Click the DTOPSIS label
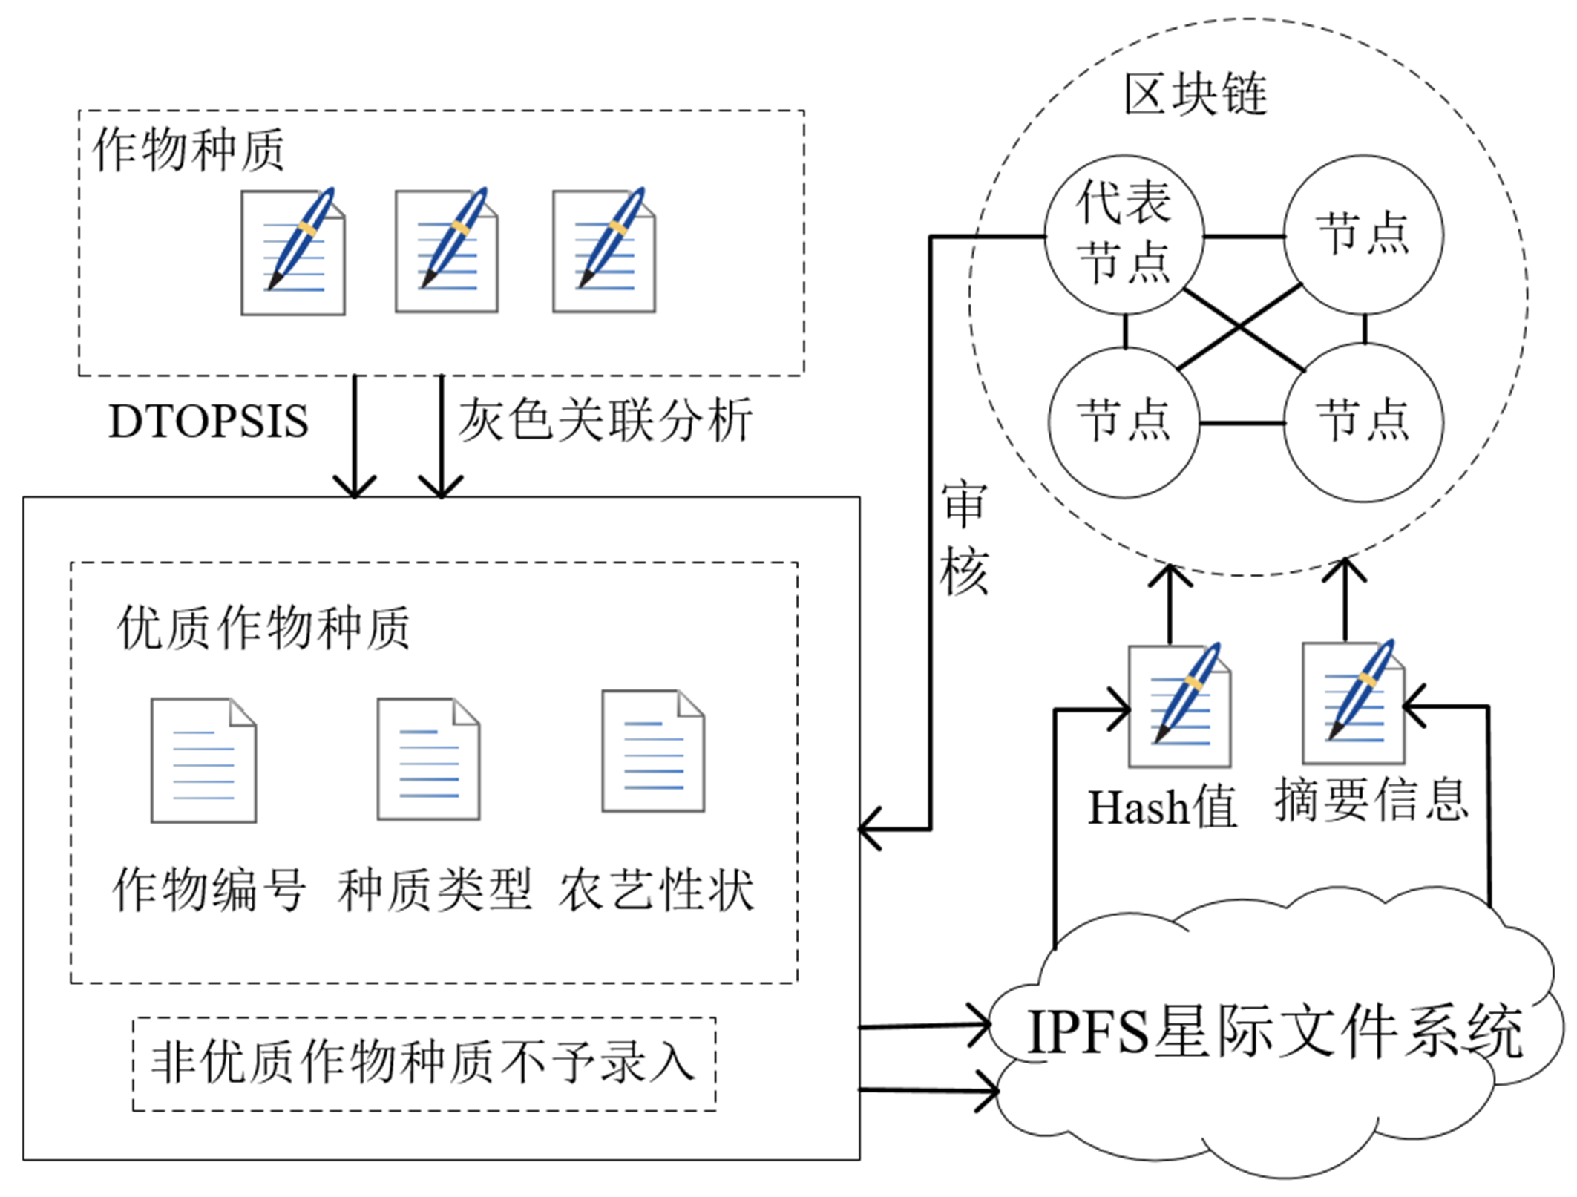(x=209, y=422)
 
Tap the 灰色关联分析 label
(x=605, y=420)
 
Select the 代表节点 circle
(x=1124, y=233)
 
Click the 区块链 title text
(x=1195, y=95)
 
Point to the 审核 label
(x=963, y=538)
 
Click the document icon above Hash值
(x=1179, y=705)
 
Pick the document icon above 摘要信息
(x=1354, y=702)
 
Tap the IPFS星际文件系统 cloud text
(x=1273, y=1032)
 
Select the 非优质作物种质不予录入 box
(x=424, y=1063)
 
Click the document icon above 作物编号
(x=203, y=760)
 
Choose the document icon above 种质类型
(x=428, y=758)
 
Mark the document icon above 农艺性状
(x=653, y=751)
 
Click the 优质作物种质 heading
(x=263, y=628)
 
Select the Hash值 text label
(x=1162, y=807)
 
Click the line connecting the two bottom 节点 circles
(x=1242, y=423)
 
